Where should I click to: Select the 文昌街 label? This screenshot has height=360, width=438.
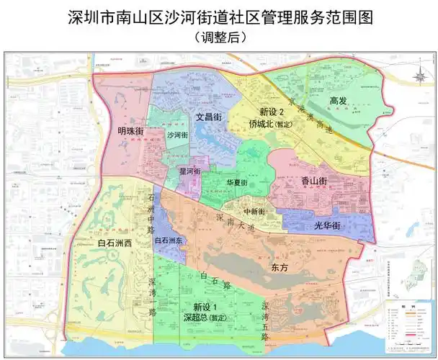coord(208,116)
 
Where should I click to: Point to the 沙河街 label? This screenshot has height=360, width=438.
coord(176,135)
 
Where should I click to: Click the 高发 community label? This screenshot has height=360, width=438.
coord(339,101)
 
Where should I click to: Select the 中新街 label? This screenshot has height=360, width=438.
coord(254,211)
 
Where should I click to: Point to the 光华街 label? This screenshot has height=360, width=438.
coord(327,225)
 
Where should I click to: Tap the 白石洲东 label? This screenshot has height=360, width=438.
coord(169,240)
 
